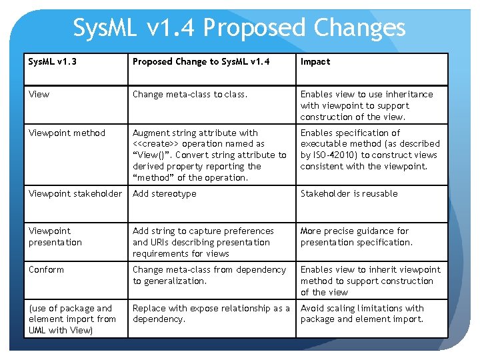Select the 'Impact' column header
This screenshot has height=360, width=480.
(x=315, y=62)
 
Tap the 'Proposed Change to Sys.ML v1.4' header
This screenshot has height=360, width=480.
(x=201, y=62)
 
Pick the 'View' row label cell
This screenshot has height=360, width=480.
(x=39, y=95)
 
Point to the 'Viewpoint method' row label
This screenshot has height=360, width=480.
(x=67, y=133)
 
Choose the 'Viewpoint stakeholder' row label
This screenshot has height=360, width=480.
(x=75, y=193)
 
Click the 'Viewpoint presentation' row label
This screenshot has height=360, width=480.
(x=55, y=237)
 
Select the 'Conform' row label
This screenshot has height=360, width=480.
(x=46, y=269)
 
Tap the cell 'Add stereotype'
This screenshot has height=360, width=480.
(x=164, y=193)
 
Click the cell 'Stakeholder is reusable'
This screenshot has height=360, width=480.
(x=349, y=193)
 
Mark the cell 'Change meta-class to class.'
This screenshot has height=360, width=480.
(x=189, y=95)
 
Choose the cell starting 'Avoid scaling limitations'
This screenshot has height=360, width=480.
(x=361, y=313)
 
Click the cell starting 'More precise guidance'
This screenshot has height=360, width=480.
(x=356, y=237)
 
